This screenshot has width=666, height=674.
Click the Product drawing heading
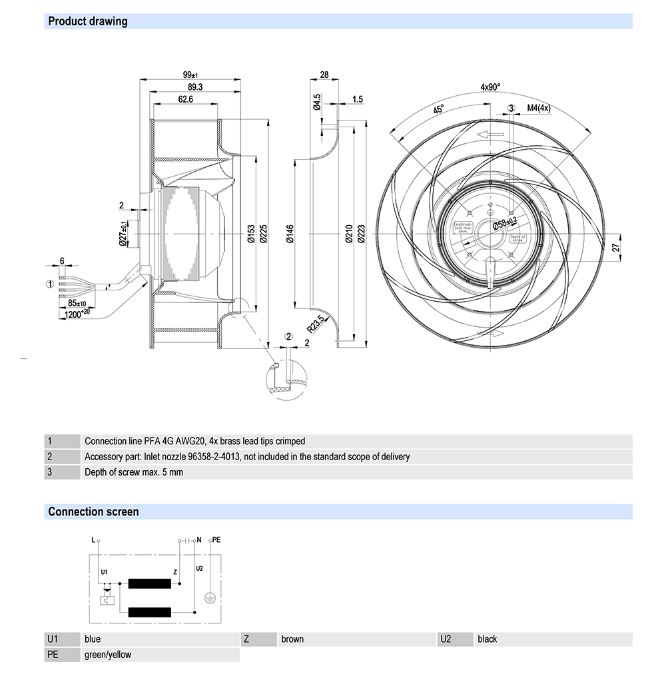(x=87, y=21)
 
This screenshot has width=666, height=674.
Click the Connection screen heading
(x=93, y=511)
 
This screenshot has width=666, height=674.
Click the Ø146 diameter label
(x=290, y=234)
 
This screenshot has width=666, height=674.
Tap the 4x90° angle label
(x=490, y=87)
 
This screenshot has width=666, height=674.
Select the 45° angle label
(x=439, y=110)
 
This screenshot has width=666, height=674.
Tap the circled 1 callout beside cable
(x=49, y=284)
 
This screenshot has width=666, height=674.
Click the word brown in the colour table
(x=292, y=639)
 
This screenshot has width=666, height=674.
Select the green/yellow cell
(x=108, y=655)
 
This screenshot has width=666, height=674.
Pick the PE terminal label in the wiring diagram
(x=216, y=539)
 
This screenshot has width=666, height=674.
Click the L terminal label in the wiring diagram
(x=93, y=539)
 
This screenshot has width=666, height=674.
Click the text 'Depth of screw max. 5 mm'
(x=133, y=472)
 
